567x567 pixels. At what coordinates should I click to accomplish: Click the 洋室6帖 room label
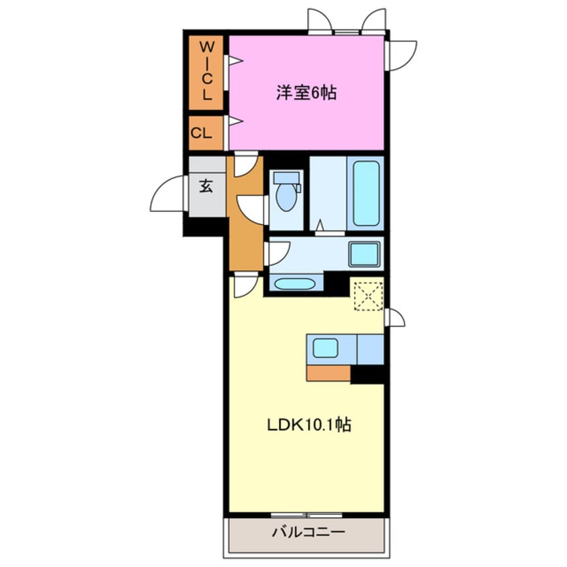click(x=306, y=92)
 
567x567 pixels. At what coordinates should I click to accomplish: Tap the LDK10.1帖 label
click(x=309, y=424)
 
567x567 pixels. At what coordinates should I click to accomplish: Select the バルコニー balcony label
click(x=308, y=532)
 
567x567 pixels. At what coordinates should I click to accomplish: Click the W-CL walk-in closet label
click(x=207, y=70)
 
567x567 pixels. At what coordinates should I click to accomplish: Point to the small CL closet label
click(x=202, y=133)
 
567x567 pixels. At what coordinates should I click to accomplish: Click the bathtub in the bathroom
click(x=367, y=193)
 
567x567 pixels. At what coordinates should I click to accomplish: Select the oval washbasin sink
click(x=294, y=284)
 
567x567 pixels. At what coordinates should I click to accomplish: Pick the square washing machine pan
click(x=365, y=254)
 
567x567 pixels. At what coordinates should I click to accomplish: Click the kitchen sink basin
click(x=326, y=348)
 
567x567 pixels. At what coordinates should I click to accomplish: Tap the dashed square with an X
click(x=369, y=296)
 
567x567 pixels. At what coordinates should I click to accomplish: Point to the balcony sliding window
click(x=307, y=515)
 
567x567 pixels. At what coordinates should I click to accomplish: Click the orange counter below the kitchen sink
click(x=328, y=373)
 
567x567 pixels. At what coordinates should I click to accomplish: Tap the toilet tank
click(x=286, y=178)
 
